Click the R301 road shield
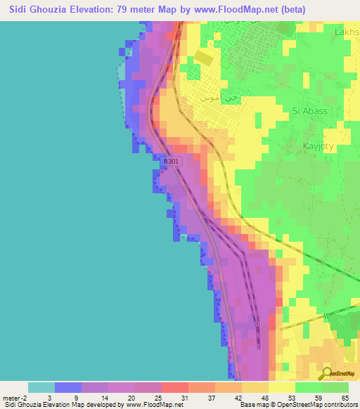pos(171,162)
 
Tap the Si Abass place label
pos(309,110)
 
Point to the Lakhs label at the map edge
pos(347,32)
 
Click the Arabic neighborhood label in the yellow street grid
pos(214,98)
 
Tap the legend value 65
pos(344,397)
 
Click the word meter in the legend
pos(11,397)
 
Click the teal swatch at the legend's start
pos(41,387)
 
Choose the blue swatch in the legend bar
pos(68,387)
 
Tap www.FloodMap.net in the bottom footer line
pos(153,405)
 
